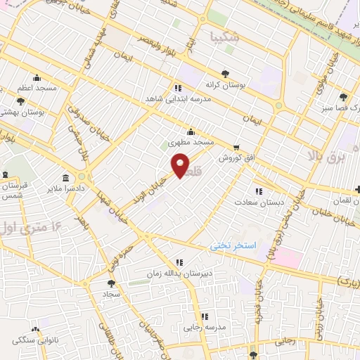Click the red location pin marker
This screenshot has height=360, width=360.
coord(181,167)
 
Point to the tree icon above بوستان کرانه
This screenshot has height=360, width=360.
coord(225,73)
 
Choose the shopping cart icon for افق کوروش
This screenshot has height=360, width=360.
coord(236,148)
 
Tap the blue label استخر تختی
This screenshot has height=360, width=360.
coord(233,246)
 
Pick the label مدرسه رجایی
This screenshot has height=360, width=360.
coord(205,328)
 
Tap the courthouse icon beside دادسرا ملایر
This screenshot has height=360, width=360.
coord(66,177)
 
